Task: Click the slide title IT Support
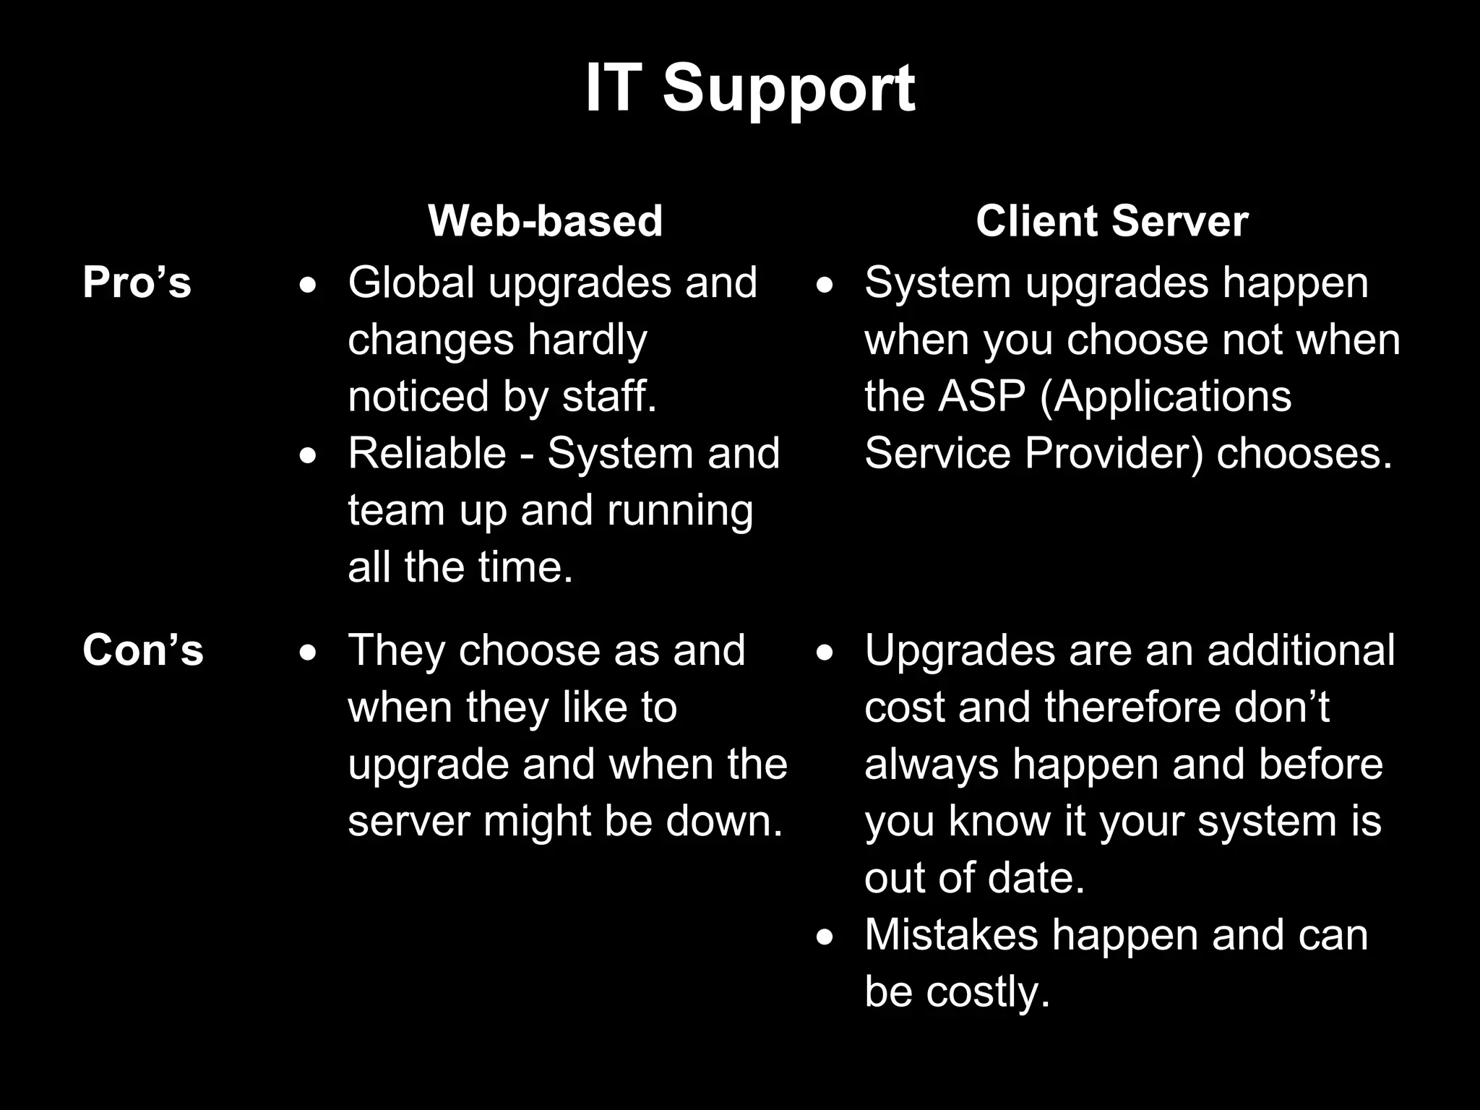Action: (749, 89)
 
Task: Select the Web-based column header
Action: (545, 220)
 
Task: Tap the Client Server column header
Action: (1111, 220)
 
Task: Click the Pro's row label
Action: (137, 282)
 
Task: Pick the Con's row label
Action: (142, 650)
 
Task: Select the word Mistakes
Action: (951, 934)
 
